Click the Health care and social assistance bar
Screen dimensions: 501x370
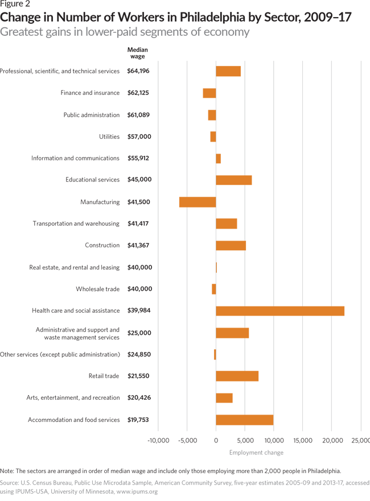pos(280,310)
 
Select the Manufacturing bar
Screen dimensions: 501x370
pos(198,202)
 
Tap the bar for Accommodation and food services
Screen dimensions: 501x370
pos(244,420)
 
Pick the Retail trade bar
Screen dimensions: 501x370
pos(237,376)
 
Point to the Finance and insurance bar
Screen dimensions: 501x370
pos(209,93)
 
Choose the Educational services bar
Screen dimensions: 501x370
pos(233,180)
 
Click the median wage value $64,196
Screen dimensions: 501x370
pos(139,71)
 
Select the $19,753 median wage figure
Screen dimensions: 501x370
pos(139,420)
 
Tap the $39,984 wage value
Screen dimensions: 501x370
pos(139,310)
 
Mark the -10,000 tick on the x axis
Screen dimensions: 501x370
pos(158,440)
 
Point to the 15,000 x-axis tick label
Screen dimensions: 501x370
pos(303,440)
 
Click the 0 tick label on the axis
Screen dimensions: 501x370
pos(216,440)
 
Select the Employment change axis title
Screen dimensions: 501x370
pos(256,453)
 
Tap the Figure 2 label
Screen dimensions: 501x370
pos(15,5)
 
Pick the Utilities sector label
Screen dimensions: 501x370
pos(109,136)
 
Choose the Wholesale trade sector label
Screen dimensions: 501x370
pos(98,289)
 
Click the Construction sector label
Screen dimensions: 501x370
pos(102,245)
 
